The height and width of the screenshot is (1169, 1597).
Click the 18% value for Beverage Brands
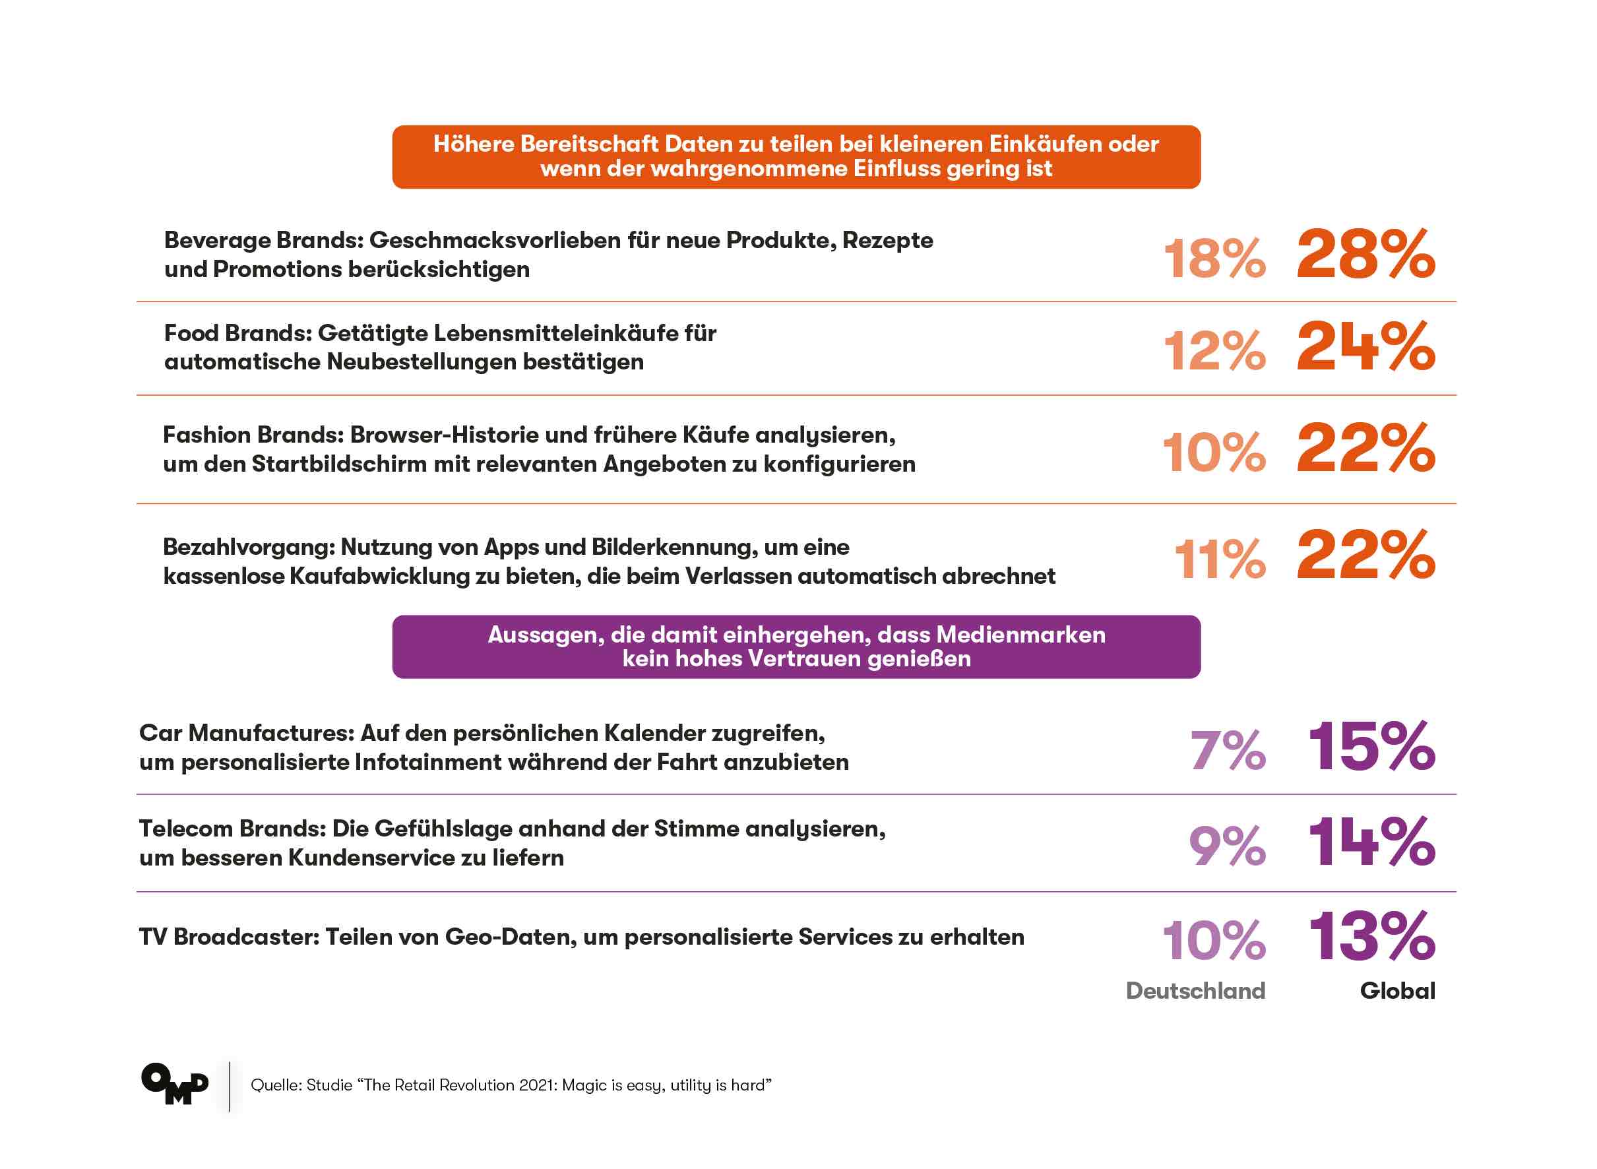(x=1214, y=259)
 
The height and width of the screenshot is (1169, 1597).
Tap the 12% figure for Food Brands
(x=1214, y=351)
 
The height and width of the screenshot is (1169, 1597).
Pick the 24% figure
(x=1365, y=347)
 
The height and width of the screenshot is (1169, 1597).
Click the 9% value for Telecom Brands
(x=1226, y=846)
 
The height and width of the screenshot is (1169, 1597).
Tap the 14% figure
(x=1371, y=842)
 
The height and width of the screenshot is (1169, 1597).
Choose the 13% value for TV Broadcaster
(x=1371, y=937)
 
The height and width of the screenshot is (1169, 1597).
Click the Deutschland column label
(x=1195, y=991)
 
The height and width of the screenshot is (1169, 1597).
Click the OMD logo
(x=175, y=1083)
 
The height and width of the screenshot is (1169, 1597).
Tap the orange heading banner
(x=796, y=156)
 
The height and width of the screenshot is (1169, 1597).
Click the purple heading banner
(x=796, y=647)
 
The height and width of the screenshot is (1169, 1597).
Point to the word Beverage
(x=216, y=241)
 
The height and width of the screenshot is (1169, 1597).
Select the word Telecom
(x=186, y=829)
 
